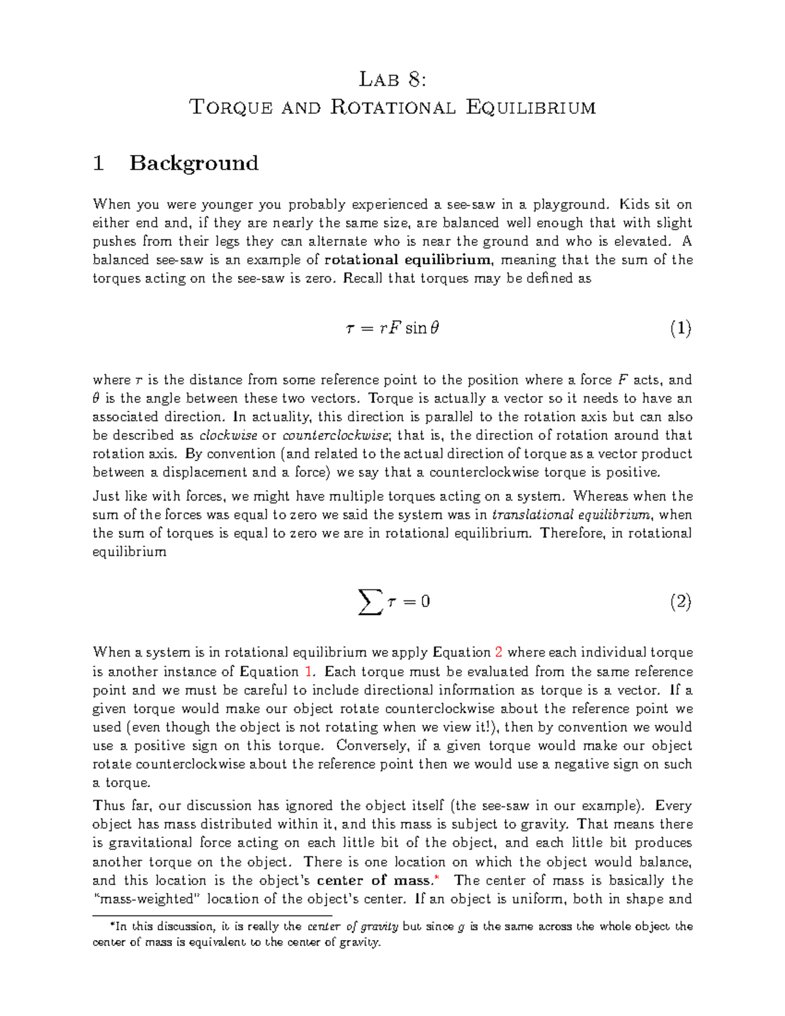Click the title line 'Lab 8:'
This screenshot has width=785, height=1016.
[x=392, y=80]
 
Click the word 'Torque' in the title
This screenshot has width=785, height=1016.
[x=231, y=107]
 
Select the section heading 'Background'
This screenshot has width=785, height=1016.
[x=194, y=163]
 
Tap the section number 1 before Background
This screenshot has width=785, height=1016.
[x=99, y=163]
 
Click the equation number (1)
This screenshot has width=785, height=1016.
[x=680, y=328]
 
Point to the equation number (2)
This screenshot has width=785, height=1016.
[x=680, y=601]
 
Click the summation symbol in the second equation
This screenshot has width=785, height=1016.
[x=370, y=601]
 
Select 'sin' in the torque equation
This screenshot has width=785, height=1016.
[x=416, y=328]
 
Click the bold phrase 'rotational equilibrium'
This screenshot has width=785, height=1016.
[x=408, y=260]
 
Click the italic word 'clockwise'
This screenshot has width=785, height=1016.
[x=228, y=435]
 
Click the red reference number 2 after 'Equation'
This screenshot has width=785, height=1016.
[x=498, y=652]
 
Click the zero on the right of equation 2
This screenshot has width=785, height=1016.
[x=425, y=601]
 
